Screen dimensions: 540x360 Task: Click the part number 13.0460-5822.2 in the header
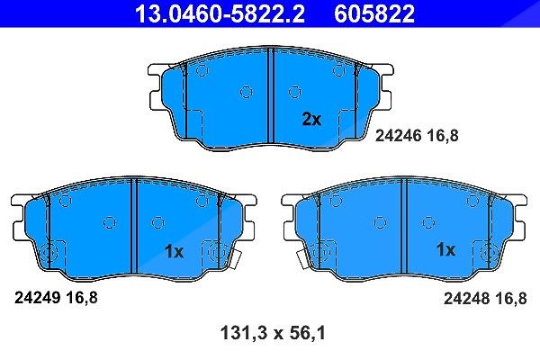point(220,13)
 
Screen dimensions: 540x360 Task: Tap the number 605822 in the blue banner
point(374,13)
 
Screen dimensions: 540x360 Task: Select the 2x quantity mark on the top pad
point(311,119)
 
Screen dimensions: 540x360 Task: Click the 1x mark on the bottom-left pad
point(175,252)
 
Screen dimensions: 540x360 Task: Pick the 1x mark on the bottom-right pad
point(445,249)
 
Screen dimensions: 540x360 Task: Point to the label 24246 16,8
point(417,136)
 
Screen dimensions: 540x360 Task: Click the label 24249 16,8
point(56,297)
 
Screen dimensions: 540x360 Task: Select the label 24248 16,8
point(485,298)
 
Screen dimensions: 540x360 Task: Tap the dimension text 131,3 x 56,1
point(273,334)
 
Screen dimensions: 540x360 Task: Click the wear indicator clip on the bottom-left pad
point(235,259)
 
